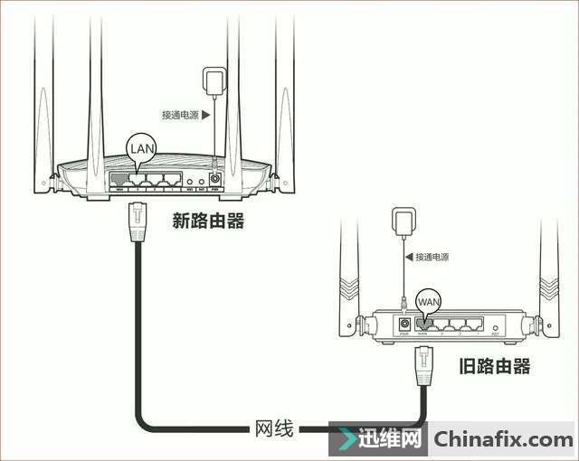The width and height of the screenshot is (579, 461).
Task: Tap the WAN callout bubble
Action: pos(429,300)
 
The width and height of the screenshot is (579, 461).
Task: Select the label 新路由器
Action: pos(208,221)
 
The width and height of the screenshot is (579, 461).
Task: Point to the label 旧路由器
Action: pos(494,365)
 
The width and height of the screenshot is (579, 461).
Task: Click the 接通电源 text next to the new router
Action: pos(179,115)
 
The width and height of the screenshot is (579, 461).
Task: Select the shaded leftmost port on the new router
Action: pos(119,179)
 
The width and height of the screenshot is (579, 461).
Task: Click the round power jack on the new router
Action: pos(215,179)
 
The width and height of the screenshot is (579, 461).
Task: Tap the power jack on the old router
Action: pos(404,323)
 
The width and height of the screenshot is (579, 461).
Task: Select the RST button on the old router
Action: pos(495,325)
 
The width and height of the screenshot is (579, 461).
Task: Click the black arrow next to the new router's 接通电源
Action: pos(206,115)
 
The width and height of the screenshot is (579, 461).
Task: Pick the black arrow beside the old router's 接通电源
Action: pos(408,257)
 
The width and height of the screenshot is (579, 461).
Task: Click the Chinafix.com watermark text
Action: pos(503,440)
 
